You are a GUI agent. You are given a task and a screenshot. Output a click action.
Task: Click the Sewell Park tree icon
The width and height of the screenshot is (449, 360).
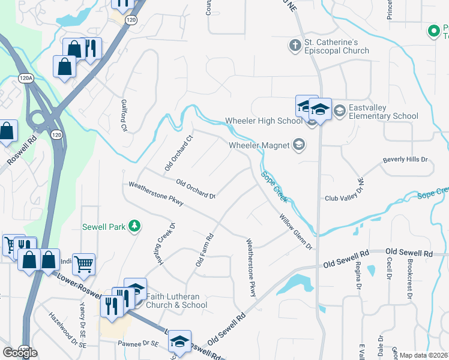[136, 226]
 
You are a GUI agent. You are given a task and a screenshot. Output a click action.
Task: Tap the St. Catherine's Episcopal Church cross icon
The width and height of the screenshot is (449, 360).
[295, 45]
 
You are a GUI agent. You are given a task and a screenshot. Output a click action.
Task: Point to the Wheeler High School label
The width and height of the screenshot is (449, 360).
[264, 121]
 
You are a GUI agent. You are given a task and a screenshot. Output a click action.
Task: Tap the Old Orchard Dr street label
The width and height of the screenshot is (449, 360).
[195, 188]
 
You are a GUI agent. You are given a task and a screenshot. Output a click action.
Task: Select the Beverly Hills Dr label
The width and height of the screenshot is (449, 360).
[405, 160]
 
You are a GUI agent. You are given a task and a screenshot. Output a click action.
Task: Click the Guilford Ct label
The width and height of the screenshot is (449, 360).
[124, 116]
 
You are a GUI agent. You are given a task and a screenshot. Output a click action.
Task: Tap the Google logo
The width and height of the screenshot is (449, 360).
[20, 352]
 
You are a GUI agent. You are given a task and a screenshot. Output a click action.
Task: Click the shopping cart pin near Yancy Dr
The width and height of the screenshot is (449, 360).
[84, 263]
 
